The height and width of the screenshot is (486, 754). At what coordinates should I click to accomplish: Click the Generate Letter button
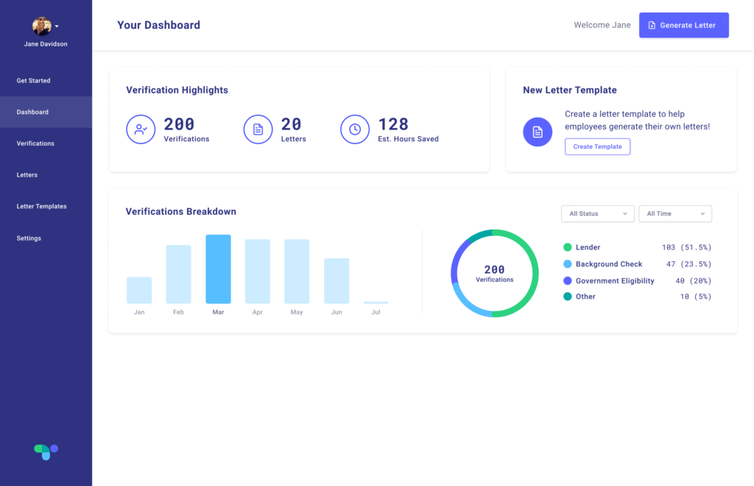[x=683, y=25]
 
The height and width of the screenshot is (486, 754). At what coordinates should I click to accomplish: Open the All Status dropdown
[x=597, y=214]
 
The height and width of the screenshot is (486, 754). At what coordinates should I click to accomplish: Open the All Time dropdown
[x=675, y=214]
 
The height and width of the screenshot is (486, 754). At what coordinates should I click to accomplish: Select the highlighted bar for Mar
[x=218, y=270]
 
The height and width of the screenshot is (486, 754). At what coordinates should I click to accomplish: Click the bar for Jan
[x=139, y=290]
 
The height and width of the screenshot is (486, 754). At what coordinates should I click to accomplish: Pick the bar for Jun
[x=337, y=281]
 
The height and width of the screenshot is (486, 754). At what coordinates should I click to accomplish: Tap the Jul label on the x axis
[x=376, y=312]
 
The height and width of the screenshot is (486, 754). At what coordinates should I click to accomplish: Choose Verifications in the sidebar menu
[x=35, y=144]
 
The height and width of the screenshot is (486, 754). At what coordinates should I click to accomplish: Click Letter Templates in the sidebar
[x=42, y=206]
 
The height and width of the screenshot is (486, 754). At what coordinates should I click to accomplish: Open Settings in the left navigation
[x=29, y=239]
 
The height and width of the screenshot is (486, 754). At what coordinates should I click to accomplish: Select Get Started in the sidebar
[x=34, y=80]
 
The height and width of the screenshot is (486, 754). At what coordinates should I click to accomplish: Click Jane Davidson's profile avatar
[x=42, y=27]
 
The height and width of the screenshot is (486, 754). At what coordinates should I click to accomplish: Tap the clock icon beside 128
[x=355, y=130]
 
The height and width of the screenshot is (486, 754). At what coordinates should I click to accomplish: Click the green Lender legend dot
[x=568, y=247]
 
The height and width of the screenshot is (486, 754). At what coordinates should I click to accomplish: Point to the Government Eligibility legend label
[x=615, y=281]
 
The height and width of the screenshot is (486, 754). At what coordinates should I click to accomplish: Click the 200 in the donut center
[x=495, y=270]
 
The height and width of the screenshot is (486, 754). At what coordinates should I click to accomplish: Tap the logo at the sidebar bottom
[x=46, y=451]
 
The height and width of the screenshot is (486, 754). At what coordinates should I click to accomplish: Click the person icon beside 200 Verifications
[x=141, y=130]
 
